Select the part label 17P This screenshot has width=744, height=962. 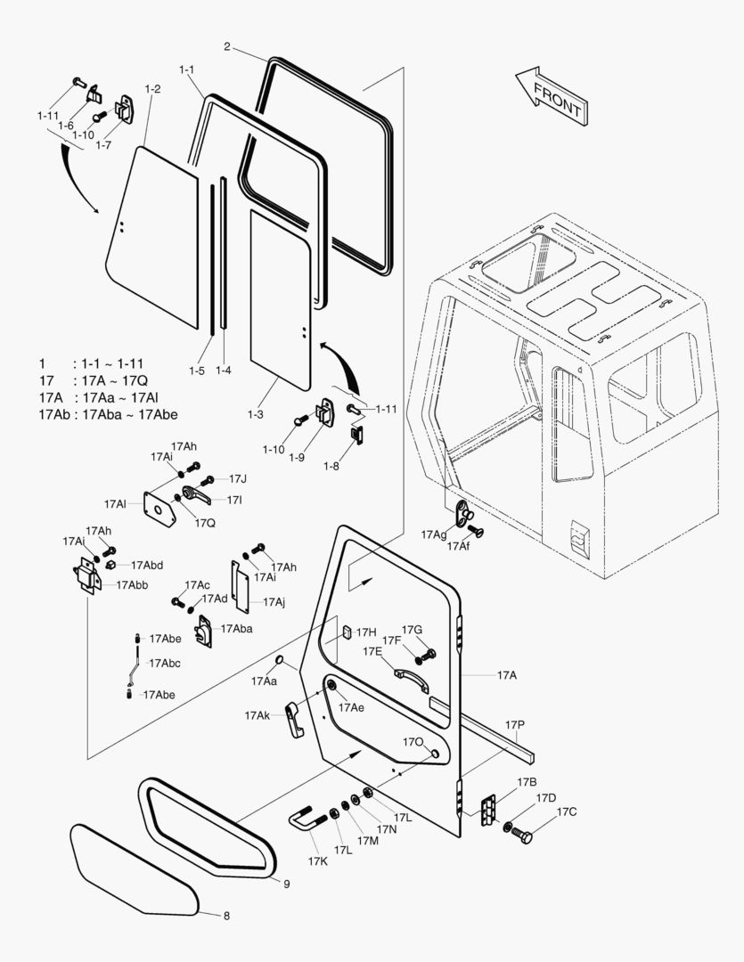pyautogui.click(x=515, y=725)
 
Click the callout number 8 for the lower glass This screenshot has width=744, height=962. pyautogui.click(x=226, y=915)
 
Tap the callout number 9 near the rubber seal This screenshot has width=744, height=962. pyautogui.click(x=287, y=884)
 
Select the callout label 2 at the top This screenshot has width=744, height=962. pyautogui.click(x=228, y=46)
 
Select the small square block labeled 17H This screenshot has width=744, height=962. pyautogui.click(x=345, y=633)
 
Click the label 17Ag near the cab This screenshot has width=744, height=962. pyautogui.click(x=434, y=534)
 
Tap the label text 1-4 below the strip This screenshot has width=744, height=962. pyautogui.click(x=223, y=369)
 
